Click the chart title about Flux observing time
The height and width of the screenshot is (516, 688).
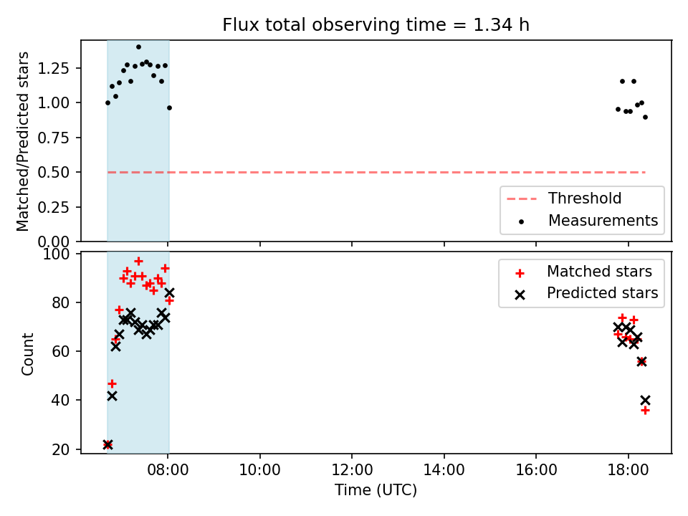(376, 25)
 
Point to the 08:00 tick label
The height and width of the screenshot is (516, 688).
(168, 470)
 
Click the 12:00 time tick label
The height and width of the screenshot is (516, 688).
(352, 470)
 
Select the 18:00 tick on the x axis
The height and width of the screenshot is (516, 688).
(628, 470)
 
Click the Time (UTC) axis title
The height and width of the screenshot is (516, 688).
(376, 489)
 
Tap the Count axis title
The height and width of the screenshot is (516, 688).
(27, 353)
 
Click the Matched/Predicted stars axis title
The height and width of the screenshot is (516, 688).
(22, 141)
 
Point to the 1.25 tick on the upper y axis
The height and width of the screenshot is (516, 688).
(53, 69)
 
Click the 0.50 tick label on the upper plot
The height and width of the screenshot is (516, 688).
(53, 173)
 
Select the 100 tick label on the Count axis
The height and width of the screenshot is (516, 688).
(56, 254)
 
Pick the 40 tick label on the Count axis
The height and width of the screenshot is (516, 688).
(60, 400)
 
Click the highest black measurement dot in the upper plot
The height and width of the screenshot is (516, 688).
(138, 47)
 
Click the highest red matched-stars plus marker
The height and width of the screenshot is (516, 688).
(138, 262)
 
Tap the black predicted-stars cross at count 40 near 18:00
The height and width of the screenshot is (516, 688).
(645, 400)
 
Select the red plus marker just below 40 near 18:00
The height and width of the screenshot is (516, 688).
(645, 410)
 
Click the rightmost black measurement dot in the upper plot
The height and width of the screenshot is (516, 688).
(645, 117)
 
